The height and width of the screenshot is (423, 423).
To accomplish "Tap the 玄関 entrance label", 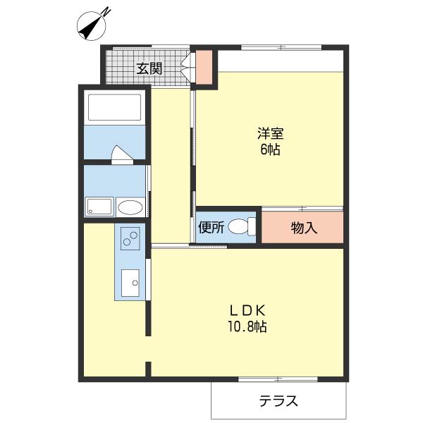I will [x=149, y=68].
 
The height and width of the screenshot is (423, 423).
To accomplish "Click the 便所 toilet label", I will [x=211, y=227].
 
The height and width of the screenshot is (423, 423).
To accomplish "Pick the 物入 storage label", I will [x=304, y=228].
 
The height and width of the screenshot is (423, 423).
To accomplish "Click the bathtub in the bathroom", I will [x=114, y=108].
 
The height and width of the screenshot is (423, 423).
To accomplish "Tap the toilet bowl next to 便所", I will [x=240, y=227].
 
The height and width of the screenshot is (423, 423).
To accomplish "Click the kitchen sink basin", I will [x=130, y=283].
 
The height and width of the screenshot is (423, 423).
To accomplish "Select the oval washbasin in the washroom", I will [x=130, y=207].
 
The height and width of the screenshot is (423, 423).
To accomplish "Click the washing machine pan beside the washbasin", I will [x=99, y=207].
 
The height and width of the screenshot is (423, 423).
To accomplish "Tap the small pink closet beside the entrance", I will [x=204, y=66].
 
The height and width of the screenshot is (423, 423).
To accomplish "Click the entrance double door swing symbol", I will [x=186, y=68].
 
